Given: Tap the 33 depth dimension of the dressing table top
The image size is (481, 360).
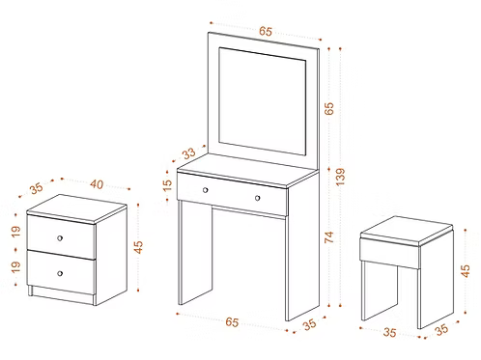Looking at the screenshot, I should [188, 152].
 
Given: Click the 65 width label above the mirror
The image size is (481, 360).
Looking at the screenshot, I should [265, 31].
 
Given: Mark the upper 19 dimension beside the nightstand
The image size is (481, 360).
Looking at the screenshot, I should [15, 231].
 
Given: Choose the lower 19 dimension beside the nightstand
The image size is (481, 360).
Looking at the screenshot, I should [15, 267].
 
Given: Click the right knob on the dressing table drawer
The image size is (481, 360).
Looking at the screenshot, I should [258, 198].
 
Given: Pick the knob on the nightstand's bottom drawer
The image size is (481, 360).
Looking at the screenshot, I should [60, 273].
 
